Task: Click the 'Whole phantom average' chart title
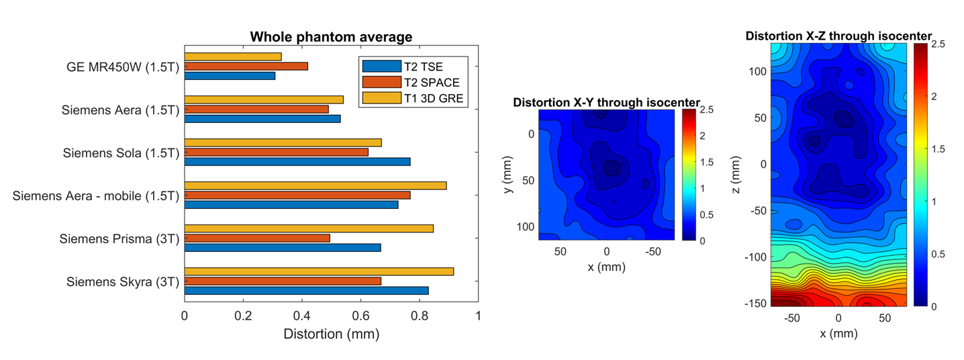point(331,36)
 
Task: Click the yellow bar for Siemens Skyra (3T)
point(319,271)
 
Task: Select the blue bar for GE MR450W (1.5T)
point(230,76)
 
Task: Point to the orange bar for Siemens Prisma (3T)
point(257,238)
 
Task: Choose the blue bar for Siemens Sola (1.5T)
point(297,162)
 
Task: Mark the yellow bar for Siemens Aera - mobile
point(315,185)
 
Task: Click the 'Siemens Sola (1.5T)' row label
point(121,152)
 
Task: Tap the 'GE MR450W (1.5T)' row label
point(123,66)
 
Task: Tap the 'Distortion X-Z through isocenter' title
point(838,36)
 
